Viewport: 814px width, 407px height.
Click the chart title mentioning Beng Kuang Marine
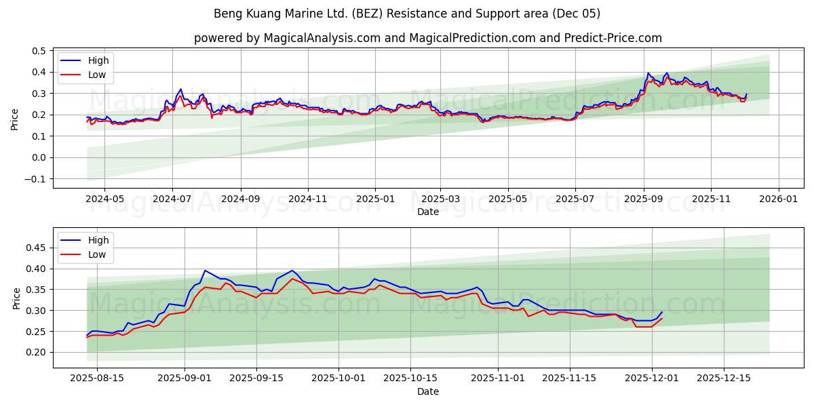tap(407, 14)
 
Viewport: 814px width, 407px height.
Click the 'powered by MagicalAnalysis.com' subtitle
tap(427, 38)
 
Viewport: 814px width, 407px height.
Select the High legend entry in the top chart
tap(98, 60)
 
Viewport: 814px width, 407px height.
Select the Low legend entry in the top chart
tap(96, 75)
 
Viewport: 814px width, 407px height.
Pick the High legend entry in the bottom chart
tap(98, 240)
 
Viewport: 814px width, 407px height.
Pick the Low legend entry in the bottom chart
tap(96, 254)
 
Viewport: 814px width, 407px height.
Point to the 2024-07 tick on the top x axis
tap(172, 199)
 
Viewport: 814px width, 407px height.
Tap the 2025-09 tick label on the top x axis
tap(643, 199)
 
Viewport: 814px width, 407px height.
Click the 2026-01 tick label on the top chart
tap(777, 199)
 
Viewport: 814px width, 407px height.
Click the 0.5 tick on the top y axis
tap(39, 51)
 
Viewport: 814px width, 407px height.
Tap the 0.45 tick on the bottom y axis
tap(37, 248)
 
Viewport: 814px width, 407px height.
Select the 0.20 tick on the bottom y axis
tap(37, 352)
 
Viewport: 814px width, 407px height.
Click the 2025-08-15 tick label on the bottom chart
tap(97, 379)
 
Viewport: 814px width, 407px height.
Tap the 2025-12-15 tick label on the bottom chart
tap(723, 379)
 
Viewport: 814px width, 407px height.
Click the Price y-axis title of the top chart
tap(15, 118)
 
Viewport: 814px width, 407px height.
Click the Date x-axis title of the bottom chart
tap(427, 391)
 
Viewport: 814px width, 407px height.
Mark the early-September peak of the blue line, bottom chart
tap(205, 271)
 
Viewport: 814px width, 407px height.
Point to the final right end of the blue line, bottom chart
tap(662, 312)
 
